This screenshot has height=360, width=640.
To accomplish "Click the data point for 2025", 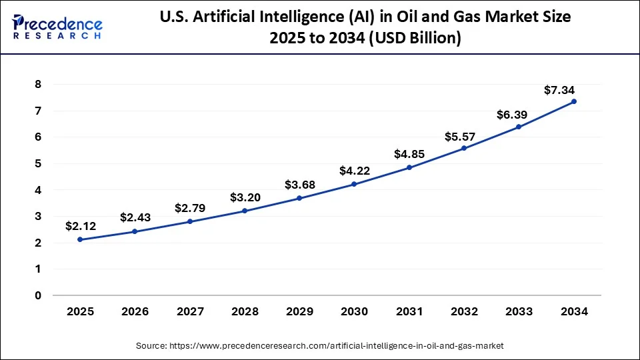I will [x=80, y=239].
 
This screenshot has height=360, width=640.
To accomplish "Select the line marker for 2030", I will [x=354, y=184].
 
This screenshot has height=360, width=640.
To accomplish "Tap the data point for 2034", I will [x=573, y=101].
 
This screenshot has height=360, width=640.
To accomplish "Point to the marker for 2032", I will [x=464, y=148].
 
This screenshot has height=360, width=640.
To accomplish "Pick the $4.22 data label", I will [x=355, y=171].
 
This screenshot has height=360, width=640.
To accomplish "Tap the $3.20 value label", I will [x=245, y=197].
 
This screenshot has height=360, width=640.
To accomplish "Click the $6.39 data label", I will [x=513, y=115].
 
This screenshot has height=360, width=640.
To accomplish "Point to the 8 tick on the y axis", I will [x=38, y=85].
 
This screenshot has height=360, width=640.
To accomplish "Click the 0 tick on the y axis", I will [x=38, y=295].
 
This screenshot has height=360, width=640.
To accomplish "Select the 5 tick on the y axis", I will [x=38, y=163].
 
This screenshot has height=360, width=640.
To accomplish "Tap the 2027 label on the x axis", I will [x=190, y=311].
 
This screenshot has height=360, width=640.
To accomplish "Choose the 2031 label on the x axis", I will [x=409, y=311].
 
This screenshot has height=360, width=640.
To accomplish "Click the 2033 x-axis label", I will [x=519, y=311].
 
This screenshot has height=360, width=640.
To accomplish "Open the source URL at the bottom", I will [x=319, y=345].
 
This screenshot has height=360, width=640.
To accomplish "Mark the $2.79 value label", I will [x=190, y=208].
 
